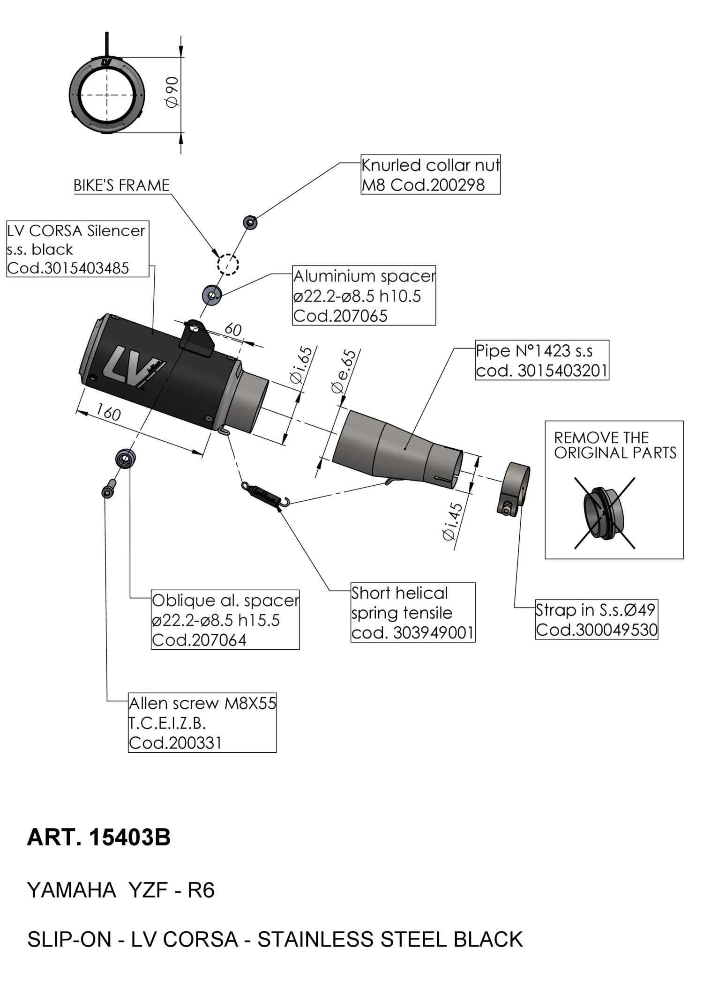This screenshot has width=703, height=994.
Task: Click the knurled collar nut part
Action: pos(251,222)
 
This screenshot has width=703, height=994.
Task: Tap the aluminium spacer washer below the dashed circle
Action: pos(211,295)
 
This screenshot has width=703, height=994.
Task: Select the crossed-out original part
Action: pos(604,513)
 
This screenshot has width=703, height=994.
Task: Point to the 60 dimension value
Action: pos(233,330)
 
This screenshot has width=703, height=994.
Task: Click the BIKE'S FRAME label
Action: pos(121,185)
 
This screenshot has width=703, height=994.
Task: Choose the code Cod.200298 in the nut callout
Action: pos(438,185)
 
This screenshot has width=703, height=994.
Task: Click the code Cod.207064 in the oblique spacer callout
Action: pos(199,639)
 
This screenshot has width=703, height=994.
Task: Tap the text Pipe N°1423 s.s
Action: pos(534,350)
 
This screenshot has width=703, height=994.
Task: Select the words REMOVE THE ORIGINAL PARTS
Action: pos(615,445)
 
